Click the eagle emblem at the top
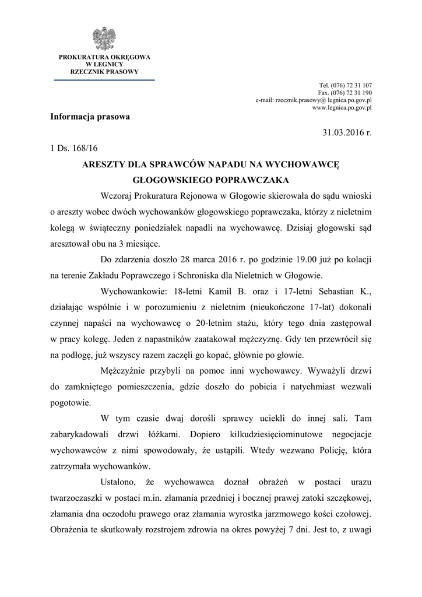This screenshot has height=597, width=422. click(x=105, y=38)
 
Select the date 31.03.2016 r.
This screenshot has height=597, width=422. click(x=347, y=132)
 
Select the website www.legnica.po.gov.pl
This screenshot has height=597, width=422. click(x=342, y=108)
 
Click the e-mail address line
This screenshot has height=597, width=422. click(x=314, y=100)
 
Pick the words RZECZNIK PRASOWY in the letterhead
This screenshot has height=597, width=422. click(x=104, y=71)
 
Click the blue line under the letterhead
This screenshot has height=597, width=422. click(x=104, y=80)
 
